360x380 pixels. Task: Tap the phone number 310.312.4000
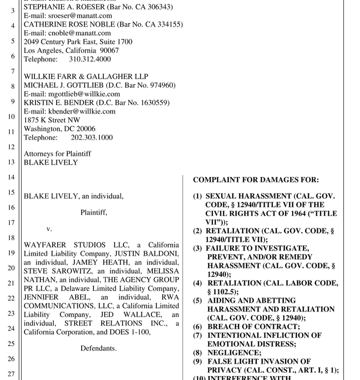point(90,59)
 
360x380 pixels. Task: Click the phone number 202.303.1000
point(91,138)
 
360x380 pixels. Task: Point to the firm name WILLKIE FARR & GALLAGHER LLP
point(86,77)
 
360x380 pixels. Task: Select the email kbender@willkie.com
point(82,111)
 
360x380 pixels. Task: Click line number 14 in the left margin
point(11,177)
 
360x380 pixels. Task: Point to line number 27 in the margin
point(11,374)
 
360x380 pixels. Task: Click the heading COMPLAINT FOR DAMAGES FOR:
point(256,180)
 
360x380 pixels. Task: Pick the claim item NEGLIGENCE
point(234,352)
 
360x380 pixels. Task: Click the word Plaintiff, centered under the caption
point(94,213)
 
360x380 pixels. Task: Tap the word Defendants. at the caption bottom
point(99,349)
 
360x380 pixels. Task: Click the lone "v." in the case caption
point(49,229)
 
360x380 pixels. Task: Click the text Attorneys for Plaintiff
point(58,154)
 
